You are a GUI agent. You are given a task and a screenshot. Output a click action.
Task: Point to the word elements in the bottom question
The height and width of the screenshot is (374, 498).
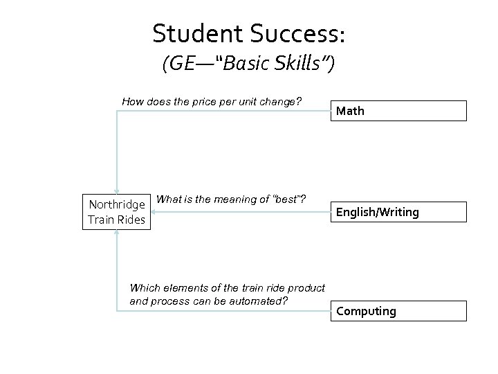[177, 288]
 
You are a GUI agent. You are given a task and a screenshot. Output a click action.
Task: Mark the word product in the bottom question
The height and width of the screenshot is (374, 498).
[306, 288]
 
